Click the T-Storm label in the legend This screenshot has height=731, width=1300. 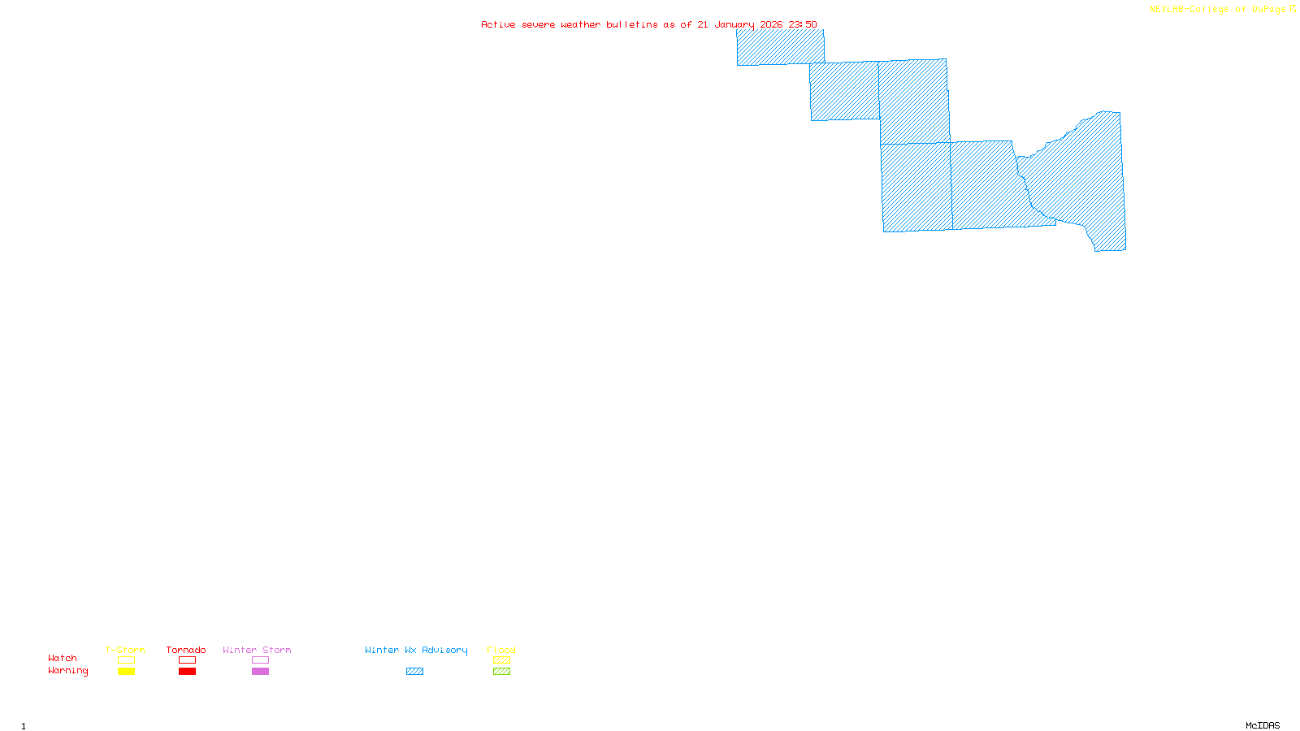pos(125,650)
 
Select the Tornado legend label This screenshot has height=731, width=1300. pos(186,650)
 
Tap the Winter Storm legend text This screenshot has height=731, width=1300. pos(257,650)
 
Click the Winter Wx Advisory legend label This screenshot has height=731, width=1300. pos(416,650)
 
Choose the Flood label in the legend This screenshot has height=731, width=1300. pos(501,650)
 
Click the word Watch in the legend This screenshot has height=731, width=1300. pos(63,658)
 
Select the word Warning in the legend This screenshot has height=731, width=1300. pos(68,671)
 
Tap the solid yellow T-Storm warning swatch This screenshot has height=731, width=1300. pos(126,672)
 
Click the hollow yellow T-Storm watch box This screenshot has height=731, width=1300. pos(126,660)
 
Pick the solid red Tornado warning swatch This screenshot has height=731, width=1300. pos(188,672)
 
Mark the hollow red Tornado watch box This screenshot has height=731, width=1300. pos(188,660)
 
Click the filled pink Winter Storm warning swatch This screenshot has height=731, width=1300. pos(260,672)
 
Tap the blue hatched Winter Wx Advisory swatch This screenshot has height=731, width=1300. pos(414,672)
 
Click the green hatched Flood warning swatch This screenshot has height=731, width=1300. pos(502,672)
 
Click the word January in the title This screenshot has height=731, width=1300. pos(734,24)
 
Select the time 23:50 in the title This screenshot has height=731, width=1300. pos(803,24)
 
